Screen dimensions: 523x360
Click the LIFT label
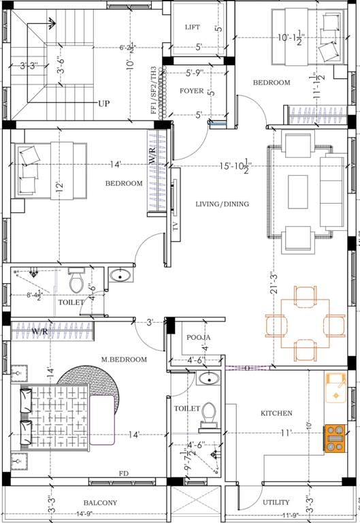(193, 27)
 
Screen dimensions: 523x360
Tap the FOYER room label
(192, 91)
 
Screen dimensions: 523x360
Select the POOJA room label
(198, 337)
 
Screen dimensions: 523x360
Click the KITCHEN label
(276, 413)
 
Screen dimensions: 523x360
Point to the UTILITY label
(276, 503)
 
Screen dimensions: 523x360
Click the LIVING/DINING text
(222, 204)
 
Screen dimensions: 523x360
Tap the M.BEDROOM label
(124, 360)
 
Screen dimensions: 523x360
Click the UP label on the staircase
(103, 104)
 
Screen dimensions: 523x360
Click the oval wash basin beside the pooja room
(209, 379)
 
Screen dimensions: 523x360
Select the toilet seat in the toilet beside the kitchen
(208, 415)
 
